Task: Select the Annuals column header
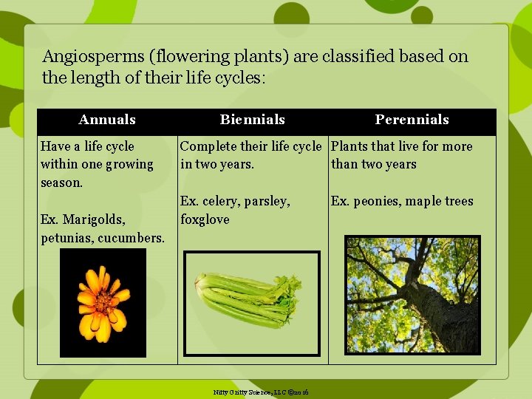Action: point(107,120)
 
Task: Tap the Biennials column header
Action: point(252,120)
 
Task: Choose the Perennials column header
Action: point(412,120)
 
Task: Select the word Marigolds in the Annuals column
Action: point(94,219)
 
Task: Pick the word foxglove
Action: point(205,219)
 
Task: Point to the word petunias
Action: point(66,238)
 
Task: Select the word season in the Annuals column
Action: point(61,183)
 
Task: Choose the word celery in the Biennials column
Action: point(220,201)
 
